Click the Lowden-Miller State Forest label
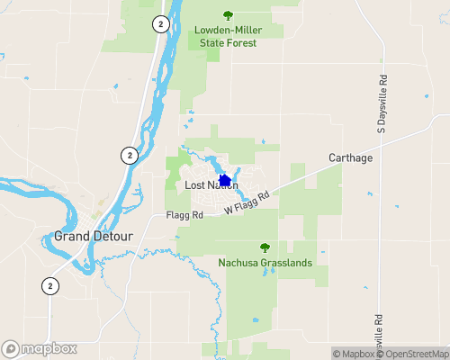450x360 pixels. (x=226, y=36)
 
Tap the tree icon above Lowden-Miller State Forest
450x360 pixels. (x=227, y=14)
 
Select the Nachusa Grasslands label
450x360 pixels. (x=265, y=263)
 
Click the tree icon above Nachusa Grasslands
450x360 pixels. (x=265, y=247)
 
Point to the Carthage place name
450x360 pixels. (x=350, y=158)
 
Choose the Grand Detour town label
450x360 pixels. (x=94, y=237)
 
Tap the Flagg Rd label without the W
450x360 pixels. (x=184, y=216)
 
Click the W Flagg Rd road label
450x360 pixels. (x=247, y=202)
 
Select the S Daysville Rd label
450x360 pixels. (x=382, y=103)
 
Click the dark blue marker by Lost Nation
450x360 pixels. (x=225, y=181)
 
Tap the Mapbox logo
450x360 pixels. (x=40, y=348)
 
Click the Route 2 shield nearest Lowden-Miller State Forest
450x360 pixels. (x=159, y=23)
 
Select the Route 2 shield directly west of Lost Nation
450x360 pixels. (x=130, y=155)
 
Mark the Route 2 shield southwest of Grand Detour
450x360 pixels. (x=50, y=286)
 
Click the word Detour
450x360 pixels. (x=112, y=237)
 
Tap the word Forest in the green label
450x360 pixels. (x=241, y=42)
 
